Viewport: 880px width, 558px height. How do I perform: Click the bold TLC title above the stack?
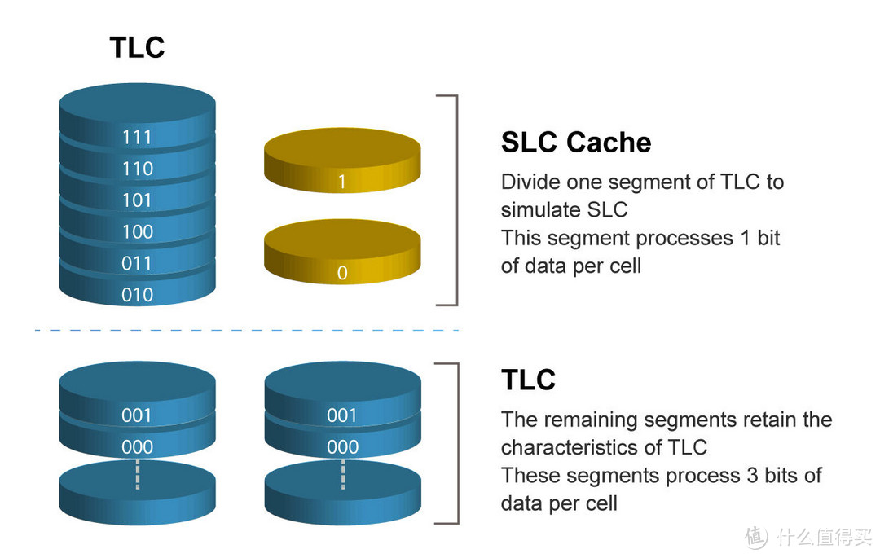click(x=137, y=47)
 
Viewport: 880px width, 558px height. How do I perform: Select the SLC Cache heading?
click(x=575, y=143)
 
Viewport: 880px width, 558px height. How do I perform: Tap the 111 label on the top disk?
click(x=137, y=137)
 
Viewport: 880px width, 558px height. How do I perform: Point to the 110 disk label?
click(x=137, y=169)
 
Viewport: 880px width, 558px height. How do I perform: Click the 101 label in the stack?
click(x=137, y=200)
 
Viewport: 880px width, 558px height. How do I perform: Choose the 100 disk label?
click(x=137, y=232)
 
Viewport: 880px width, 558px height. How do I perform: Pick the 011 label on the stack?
click(x=137, y=263)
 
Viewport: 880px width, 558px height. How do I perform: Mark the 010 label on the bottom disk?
click(x=137, y=295)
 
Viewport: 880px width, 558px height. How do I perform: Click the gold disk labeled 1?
click(x=342, y=167)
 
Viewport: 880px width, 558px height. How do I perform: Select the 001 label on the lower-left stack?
click(x=137, y=415)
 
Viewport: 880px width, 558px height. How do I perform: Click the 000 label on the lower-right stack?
click(x=342, y=447)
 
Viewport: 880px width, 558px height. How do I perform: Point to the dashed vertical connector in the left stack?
click(x=137, y=474)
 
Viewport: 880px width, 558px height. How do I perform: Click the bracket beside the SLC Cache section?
click(x=454, y=200)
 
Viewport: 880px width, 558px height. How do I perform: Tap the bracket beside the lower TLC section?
click(x=454, y=443)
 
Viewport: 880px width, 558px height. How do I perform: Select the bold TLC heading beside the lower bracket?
click(x=528, y=380)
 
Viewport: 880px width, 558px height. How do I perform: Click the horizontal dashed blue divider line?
click(x=244, y=330)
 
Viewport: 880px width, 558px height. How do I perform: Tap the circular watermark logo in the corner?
click(x=755, y=536)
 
